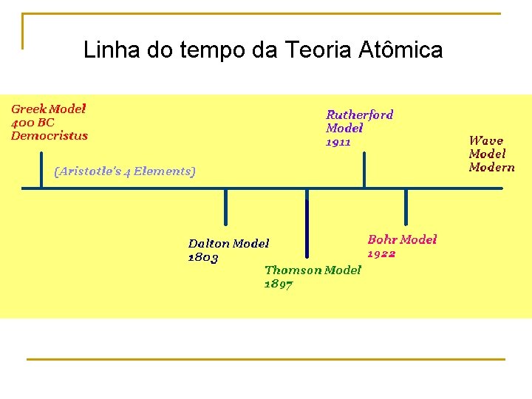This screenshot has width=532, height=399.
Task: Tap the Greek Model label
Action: point(49,109)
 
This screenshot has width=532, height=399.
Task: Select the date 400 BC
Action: point(33,122)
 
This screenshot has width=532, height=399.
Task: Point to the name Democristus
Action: point(50,135)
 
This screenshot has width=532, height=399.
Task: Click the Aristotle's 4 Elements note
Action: point(125,171)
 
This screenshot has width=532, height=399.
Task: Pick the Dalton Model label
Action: point(228,243)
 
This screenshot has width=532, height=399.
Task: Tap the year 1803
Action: point(203,257)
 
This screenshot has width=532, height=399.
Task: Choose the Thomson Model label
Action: point(313,270)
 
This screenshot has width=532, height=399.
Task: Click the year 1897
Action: point(279,284)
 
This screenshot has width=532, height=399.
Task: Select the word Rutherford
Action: point(360,115)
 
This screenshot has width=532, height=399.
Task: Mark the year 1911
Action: point(338,142)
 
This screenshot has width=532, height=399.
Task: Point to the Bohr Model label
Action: point(402,239)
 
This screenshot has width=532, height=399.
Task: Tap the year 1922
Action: point(381,253)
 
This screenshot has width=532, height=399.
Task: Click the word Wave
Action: point(486,140)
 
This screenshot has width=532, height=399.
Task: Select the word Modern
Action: point(491,167)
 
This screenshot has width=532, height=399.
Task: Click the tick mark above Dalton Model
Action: point(226,207)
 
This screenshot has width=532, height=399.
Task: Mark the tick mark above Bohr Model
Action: point(406,205)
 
